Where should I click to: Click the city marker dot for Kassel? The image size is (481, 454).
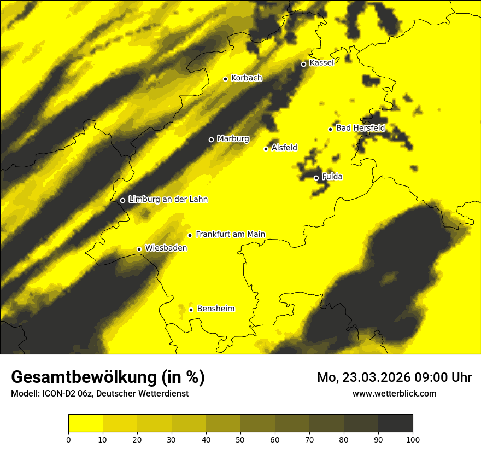[303, 64]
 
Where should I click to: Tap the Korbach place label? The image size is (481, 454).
[247, 78]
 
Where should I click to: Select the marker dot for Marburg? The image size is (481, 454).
[211, 139]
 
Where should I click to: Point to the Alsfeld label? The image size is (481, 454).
[284, 148]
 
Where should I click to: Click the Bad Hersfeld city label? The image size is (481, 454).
[360, 128]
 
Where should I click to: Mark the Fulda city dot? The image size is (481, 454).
[316, 178]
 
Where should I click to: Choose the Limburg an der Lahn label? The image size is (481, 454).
[168, 200]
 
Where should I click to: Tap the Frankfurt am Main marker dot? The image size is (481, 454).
[190, 235]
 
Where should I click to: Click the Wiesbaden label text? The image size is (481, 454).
[166, 248]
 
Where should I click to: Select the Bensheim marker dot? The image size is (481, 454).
[191, 310]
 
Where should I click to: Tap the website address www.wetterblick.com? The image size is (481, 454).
[394, 393]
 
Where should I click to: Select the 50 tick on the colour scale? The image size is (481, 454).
[241, 439]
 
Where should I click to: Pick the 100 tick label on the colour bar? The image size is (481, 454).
[413, 439]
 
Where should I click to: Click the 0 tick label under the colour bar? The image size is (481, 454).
[68, 439]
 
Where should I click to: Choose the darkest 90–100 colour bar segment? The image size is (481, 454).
[395, 423]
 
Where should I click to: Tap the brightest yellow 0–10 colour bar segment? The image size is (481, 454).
[85, 423]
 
